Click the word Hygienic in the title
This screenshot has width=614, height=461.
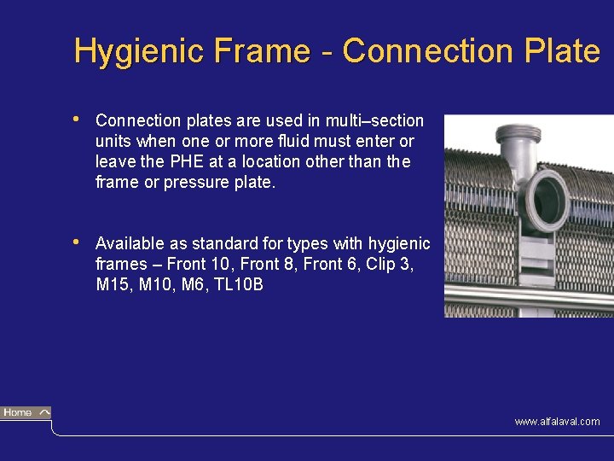pyautogui.click(x=119, y=51)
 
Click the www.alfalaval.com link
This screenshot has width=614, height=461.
pyautogui.click(x=557, y=422)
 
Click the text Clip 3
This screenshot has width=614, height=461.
pyautogui.click(x=389, y=264)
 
